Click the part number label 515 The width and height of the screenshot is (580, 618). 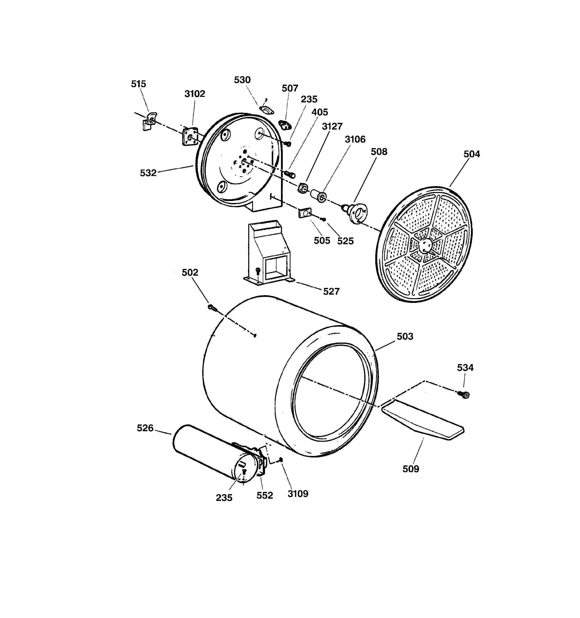tap(138, 84)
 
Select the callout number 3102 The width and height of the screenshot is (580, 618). tap(194, 94)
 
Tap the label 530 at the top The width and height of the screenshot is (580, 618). tap(242, 80)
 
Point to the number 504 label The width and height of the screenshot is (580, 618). tap(472, 154)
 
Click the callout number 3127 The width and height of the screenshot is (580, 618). tap(332, 127)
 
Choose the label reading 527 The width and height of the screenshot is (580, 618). tap(331, 292)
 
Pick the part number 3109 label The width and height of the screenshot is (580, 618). tap(298, 494)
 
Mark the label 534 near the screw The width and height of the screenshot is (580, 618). tap(465, 368)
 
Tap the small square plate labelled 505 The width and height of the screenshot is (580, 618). tap(305, 213)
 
